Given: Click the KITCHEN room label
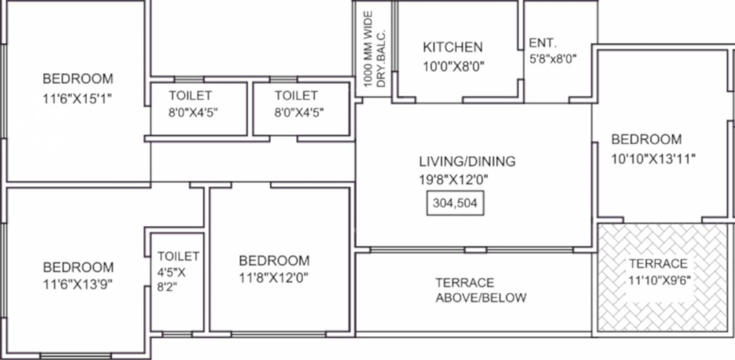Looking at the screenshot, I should click(453, 47).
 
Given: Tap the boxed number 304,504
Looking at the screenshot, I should click(455, 203).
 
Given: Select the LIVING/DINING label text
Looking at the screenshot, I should click(467, 161).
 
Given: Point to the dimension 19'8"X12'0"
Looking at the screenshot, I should click(453, 179).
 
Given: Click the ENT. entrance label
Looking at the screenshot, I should click(543, 43).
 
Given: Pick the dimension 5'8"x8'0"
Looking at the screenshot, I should click(552, 59).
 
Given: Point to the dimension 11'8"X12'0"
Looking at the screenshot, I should click(273, 278).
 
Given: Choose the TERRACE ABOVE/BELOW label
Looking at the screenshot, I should click(480, 290).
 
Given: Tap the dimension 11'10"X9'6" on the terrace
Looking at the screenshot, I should click(660, 280).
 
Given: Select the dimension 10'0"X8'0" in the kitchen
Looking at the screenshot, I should click(453, 67).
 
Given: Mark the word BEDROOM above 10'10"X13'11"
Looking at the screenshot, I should click(646, 139).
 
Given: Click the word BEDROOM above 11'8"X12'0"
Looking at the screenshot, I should click(274, 260).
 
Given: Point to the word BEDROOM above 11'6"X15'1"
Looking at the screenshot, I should click(78, 79).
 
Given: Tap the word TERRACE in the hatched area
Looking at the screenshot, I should click(658, 263).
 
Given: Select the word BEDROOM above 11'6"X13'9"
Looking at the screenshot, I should click(78, 267).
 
